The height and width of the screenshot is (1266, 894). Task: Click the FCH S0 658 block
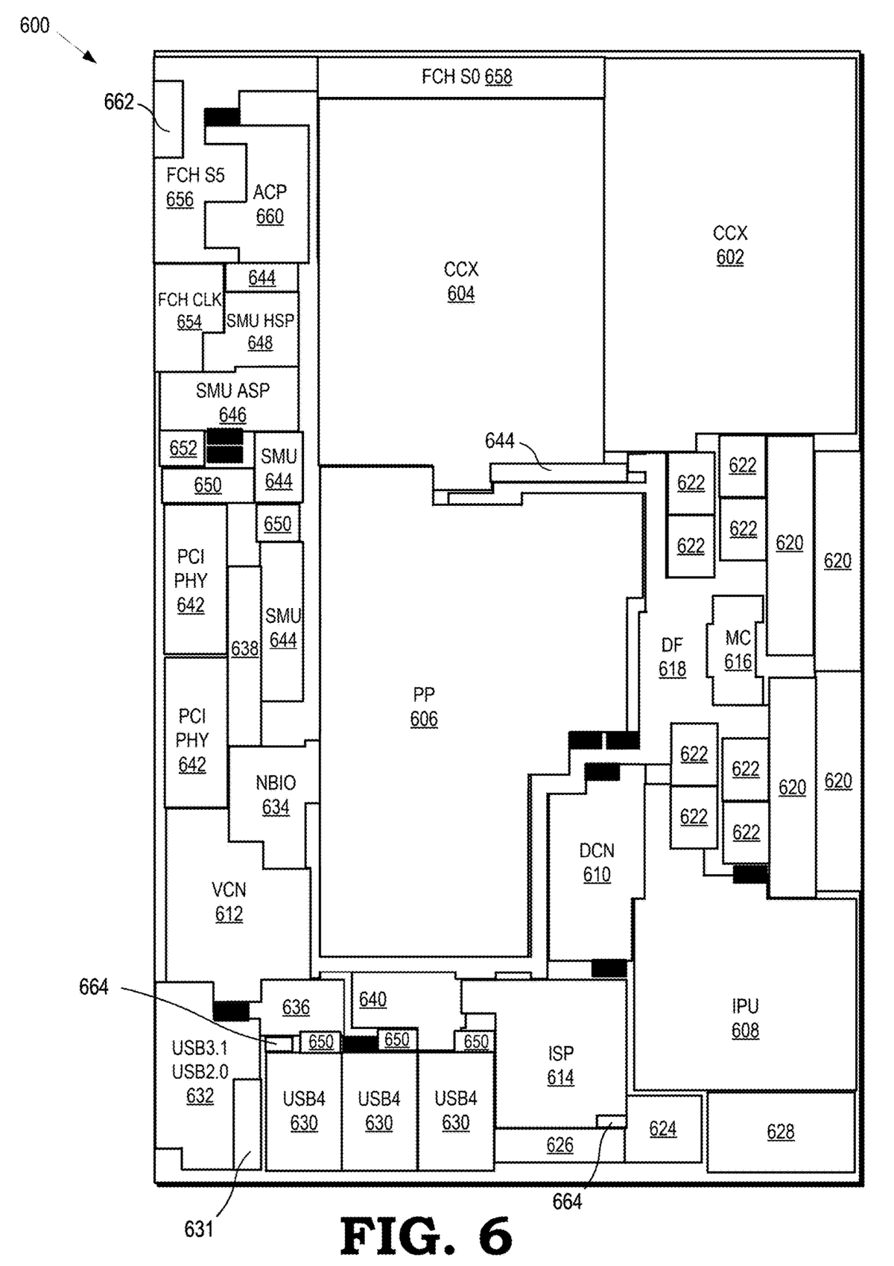pos(461,77)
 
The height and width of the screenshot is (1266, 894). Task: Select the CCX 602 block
pos(730,245)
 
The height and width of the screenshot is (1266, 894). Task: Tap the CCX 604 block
pos(461,282)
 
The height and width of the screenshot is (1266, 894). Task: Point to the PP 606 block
pos(424,706)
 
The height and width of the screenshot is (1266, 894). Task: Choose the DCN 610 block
pos(597,862)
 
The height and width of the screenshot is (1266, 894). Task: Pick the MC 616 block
pos(738,650)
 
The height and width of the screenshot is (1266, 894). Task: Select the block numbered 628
pos(781,1132)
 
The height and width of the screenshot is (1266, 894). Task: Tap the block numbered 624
pos(663,1129)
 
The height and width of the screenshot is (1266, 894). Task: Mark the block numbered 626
pos(559,1145)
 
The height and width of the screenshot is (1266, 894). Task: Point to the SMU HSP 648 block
pos(261,331)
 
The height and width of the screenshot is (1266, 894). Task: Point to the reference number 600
pos(34,25)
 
